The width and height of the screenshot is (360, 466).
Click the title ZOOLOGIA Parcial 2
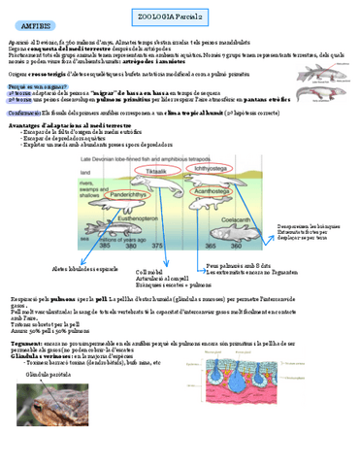click(x=181, y=7)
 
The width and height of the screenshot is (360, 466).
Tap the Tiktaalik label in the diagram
click(x=160, y=165)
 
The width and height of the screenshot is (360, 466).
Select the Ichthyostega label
click(x=216, y=166)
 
